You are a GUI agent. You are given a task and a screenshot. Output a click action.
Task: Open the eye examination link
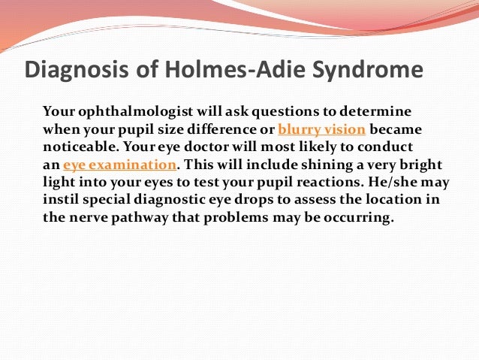coord(120,165)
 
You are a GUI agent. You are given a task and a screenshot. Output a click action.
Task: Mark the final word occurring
coord(359,219)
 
